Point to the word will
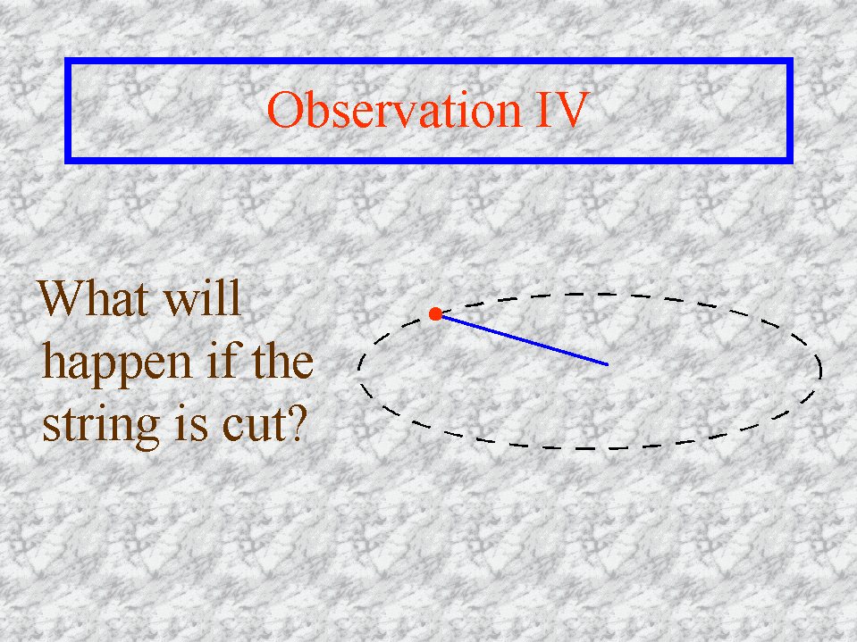(203, 298)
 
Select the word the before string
(282, 361)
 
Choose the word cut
(254, 426)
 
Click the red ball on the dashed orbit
(435, 314)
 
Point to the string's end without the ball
(608, 364)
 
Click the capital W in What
(63, 298)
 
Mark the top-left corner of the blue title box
(65, 58)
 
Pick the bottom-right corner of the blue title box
(793, 163)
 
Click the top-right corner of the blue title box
(793, 58)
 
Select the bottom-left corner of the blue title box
(65, 163)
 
